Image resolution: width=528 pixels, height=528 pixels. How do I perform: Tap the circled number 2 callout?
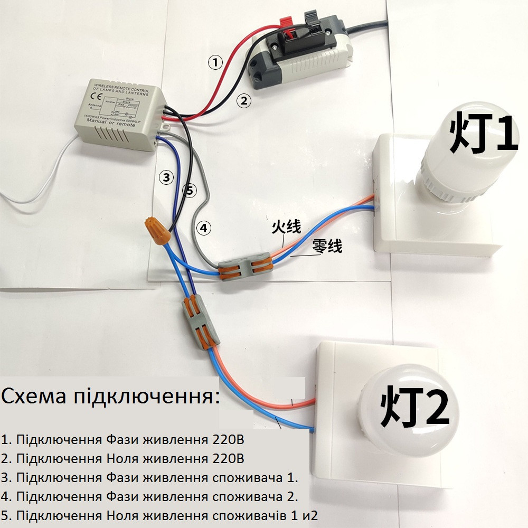(243, 100)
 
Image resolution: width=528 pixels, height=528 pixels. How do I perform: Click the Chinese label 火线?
(286, 228)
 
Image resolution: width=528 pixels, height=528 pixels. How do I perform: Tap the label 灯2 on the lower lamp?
(414, 407)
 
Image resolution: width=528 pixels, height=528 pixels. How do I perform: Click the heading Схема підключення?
(110, 396)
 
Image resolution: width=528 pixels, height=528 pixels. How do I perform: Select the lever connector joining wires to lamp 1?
(244, 266)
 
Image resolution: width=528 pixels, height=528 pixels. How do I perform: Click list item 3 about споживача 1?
(149, 478)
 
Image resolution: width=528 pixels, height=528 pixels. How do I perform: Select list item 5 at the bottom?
(159, 515)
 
